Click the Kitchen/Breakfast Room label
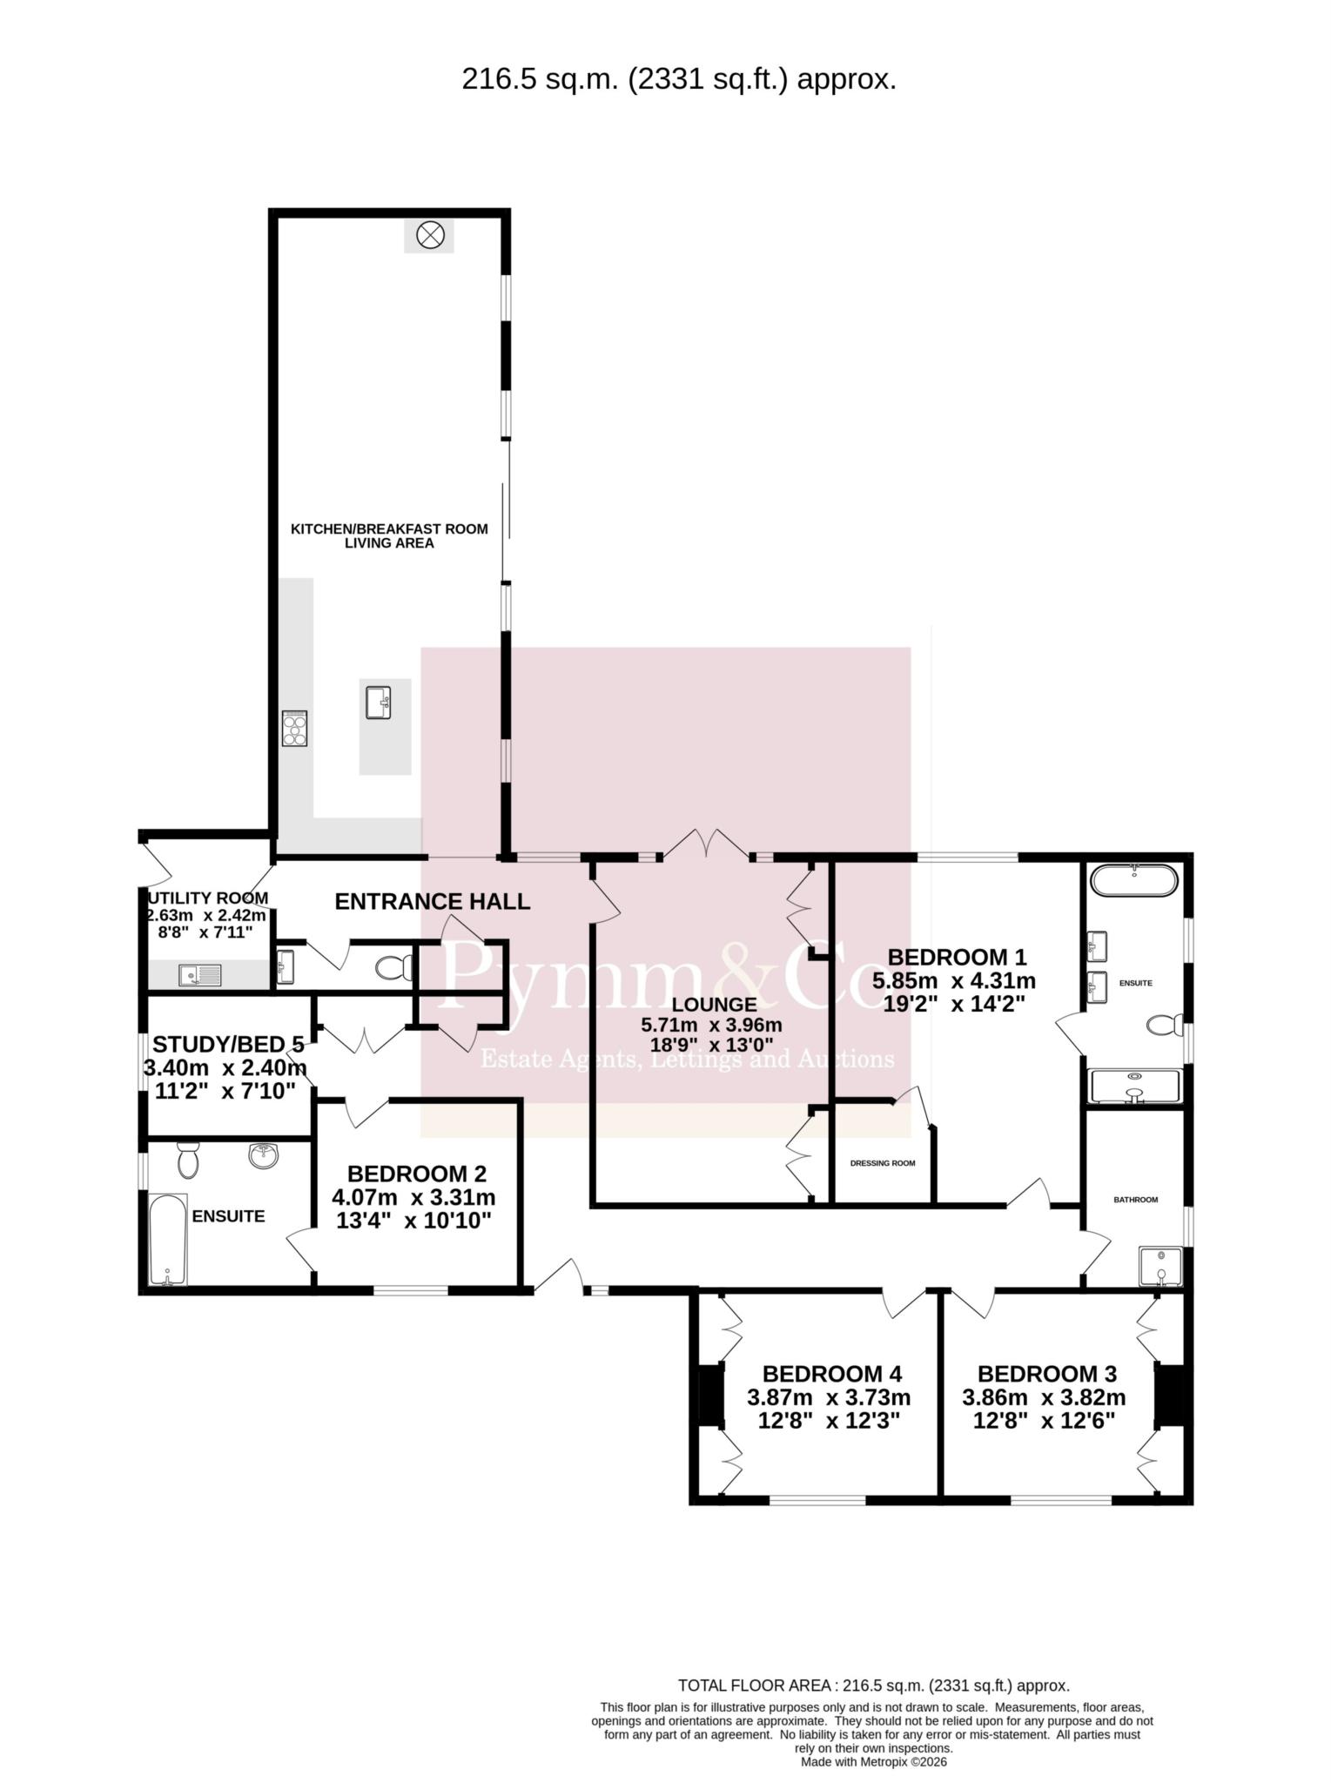(388, 528)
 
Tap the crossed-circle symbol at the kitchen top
(430, 234)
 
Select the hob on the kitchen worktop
(294, 729)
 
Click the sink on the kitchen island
(378, 703)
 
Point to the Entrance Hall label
(433, 901)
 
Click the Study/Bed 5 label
(228, 1044)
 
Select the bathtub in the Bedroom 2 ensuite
(168, 1240)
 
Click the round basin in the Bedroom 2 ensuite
(263, 1156)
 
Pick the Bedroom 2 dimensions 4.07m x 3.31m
(413, 1197)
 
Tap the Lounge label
(714, 1005)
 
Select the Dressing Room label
(883, 1163)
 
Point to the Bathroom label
(1136, 1200)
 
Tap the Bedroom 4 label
(832, 1374)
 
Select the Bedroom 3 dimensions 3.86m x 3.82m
(1044, 1397)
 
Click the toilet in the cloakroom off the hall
(395, 967)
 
